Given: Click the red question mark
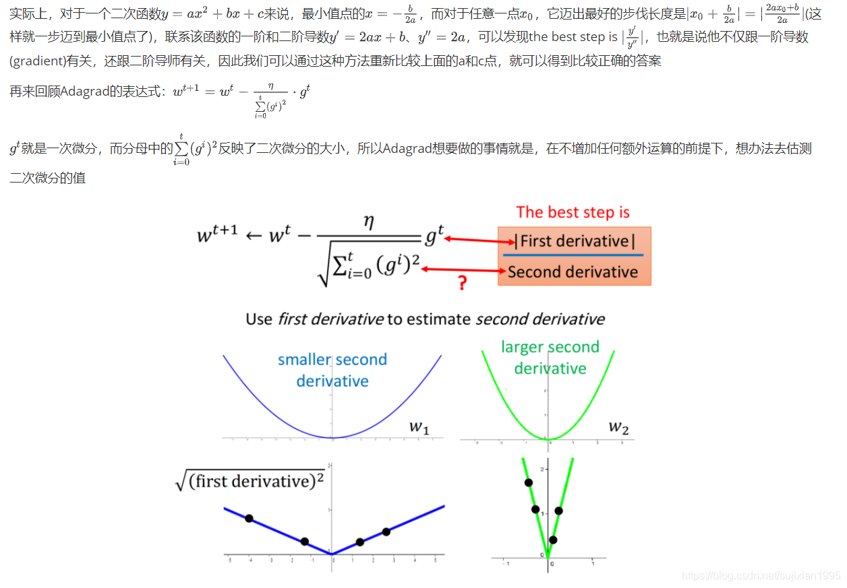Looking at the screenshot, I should click(462, 283).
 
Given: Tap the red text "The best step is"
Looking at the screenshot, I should click(573, 213).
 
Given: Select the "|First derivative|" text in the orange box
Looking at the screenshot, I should click(575, 241).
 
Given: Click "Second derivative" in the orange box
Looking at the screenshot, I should click(573, 272).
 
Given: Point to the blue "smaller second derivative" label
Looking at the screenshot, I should click(332, 370).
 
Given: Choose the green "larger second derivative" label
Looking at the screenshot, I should click(550, 358).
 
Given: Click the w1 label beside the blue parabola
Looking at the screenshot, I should click(419, 427).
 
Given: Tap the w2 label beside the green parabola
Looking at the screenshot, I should click(618, 426).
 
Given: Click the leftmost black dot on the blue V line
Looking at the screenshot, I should click(249, 518).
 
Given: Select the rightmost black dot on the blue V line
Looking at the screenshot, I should click(386, 531).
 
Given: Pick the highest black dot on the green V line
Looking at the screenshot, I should click(528, 482).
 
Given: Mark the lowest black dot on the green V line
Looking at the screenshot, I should click(553, 540).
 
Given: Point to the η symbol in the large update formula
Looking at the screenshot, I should click(368, 224).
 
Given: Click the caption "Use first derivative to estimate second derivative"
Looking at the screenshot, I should click(425, 319).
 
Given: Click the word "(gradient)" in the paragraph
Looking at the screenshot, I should click(36, 61).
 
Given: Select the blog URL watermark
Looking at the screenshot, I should click(761, 576).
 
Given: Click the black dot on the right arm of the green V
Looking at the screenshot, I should click(558, 511).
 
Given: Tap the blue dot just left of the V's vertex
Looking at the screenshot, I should click(305, 542).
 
